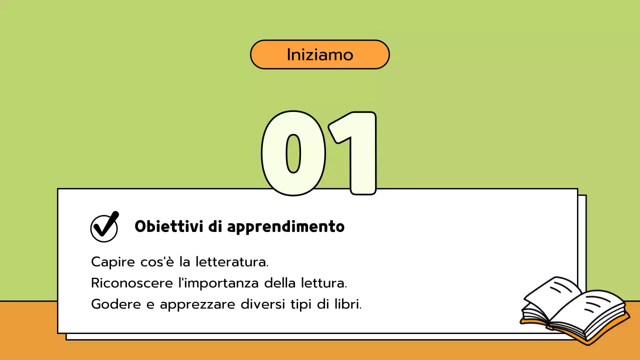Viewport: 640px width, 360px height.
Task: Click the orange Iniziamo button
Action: click(319, 54)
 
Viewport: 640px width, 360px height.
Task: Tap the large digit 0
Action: click(293, 153)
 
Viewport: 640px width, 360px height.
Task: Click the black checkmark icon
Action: click(104, 227)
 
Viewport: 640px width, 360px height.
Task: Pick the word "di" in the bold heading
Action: click(214, 227)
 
